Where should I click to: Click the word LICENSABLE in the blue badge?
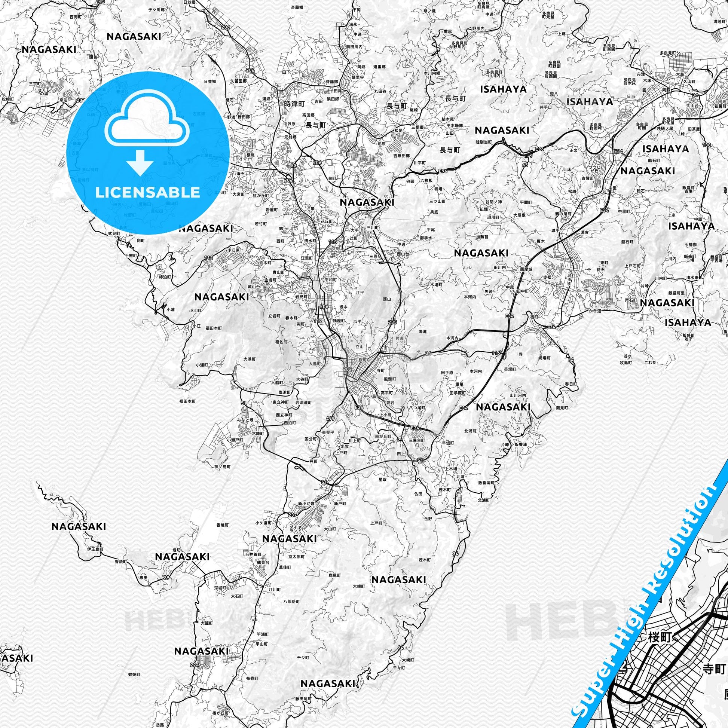[x=147, y=192]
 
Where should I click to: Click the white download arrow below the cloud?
[x=140, y=162]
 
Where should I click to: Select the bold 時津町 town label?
[x=294, y=103]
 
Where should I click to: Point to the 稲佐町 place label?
[x=281, y=342]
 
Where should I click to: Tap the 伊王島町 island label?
[x=95, y=550]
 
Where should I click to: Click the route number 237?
[x=293, y=515]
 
